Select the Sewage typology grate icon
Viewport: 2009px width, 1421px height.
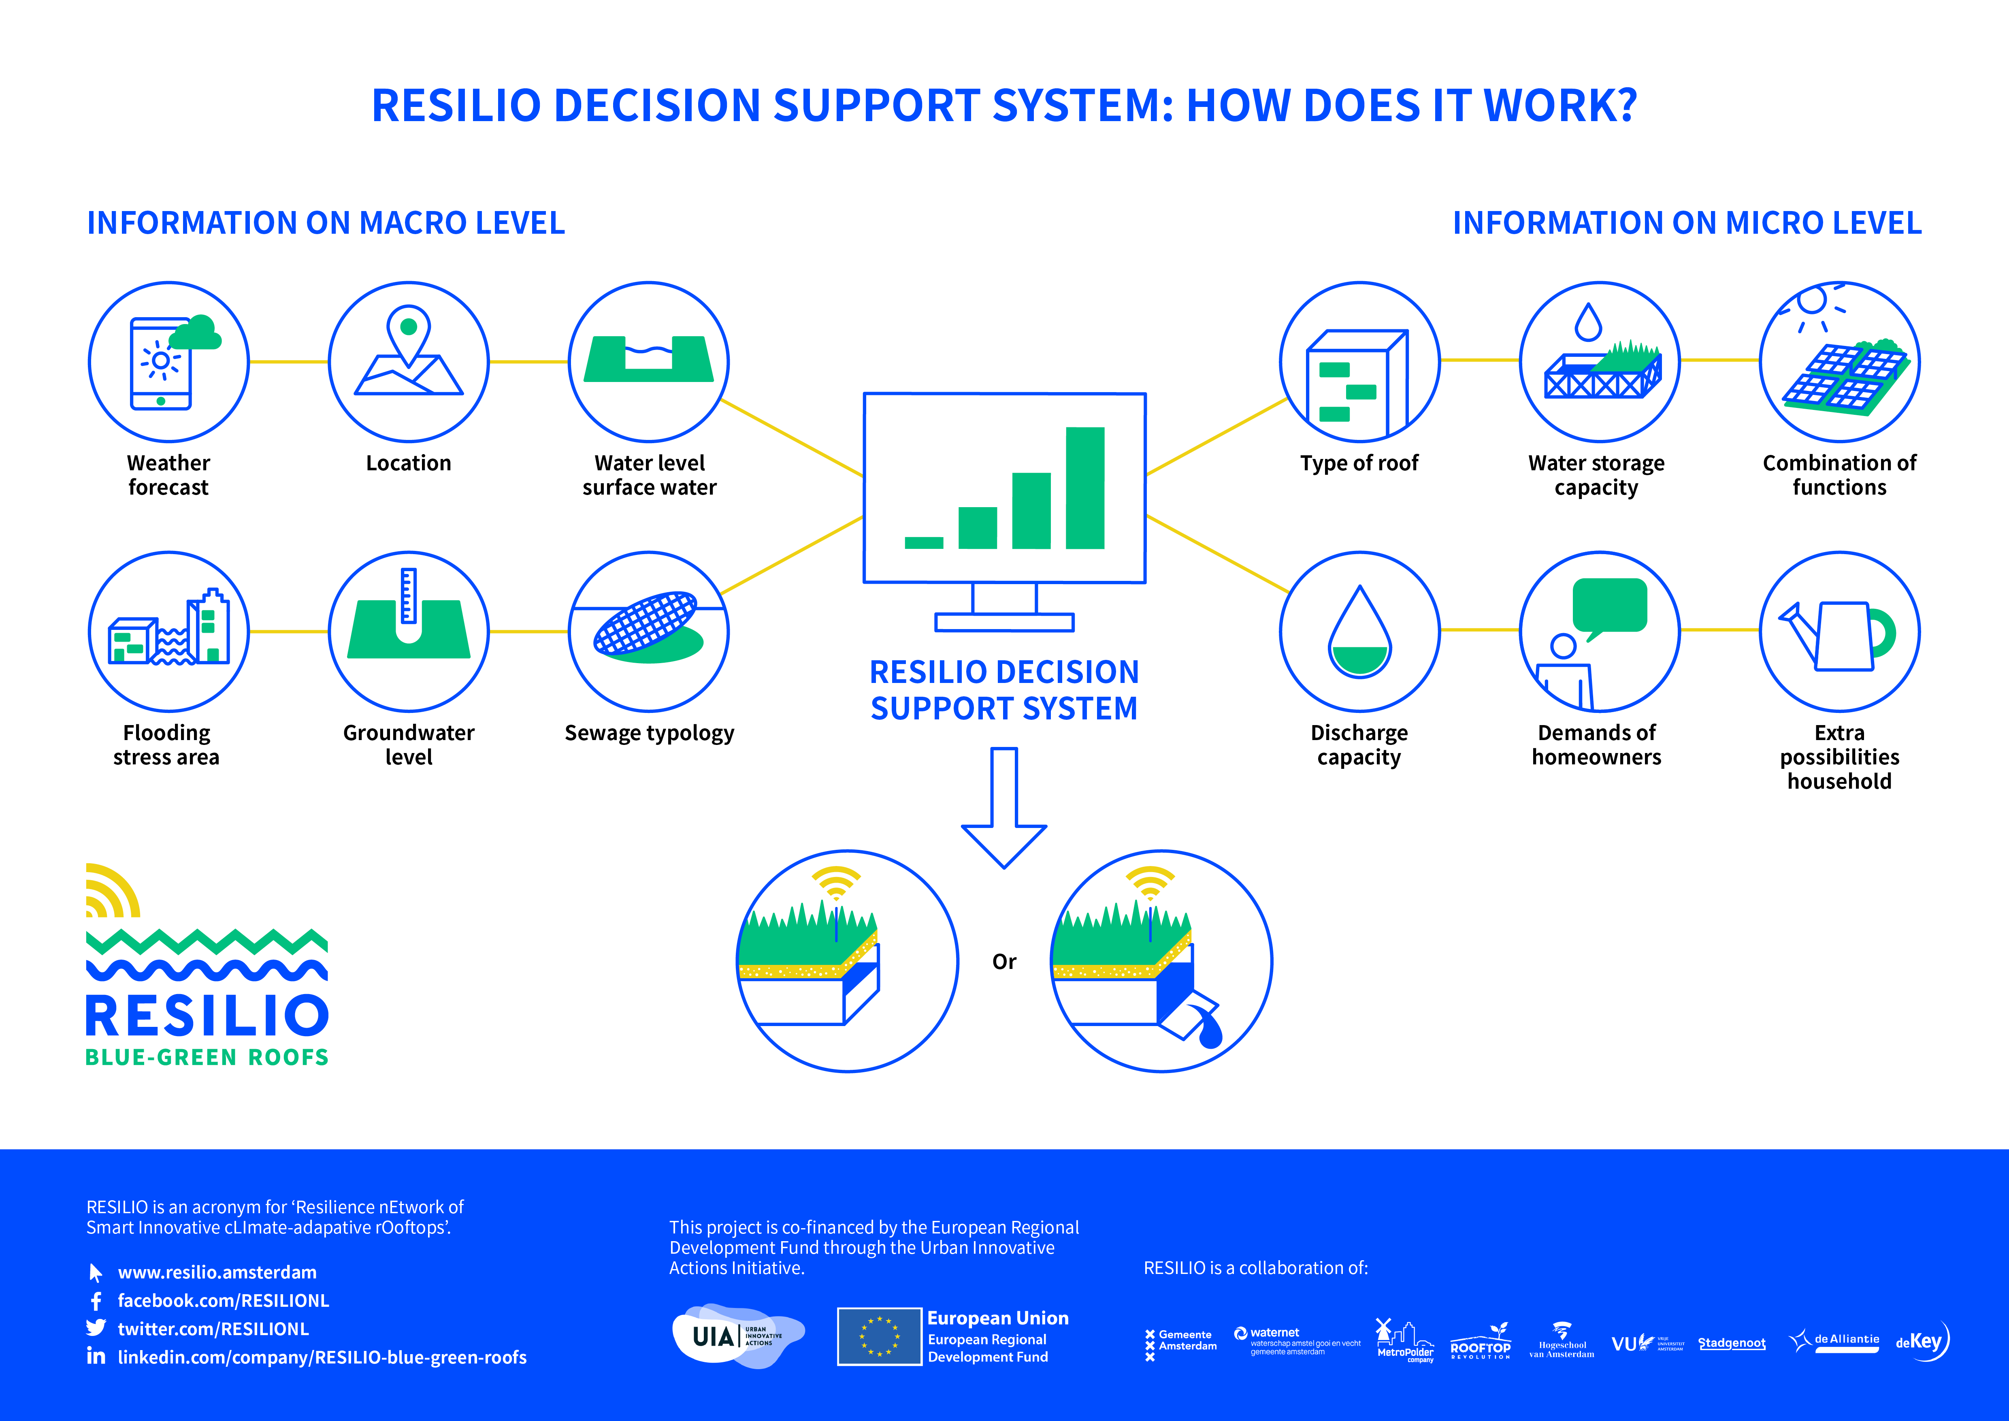[646, 623]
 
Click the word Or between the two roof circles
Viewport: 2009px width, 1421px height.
[1003, 962]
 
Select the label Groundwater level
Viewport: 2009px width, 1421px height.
[409, 745]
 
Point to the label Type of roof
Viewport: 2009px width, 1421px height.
[1359, 463]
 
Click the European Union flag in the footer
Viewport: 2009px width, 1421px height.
[878, 1336]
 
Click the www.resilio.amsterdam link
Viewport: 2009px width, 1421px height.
[217, 1272]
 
